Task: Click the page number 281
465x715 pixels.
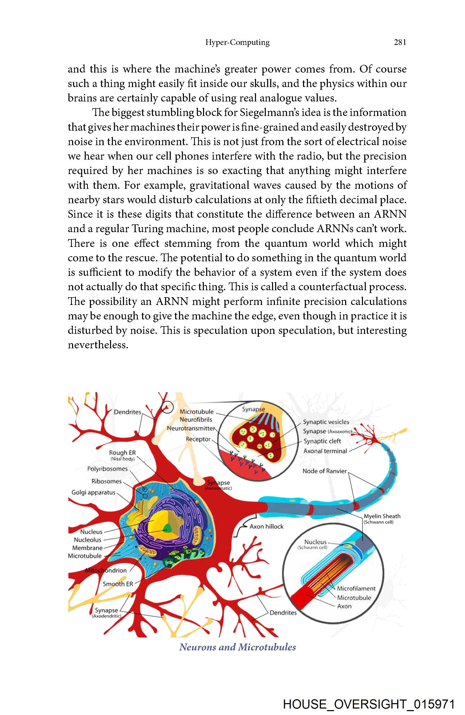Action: (400, 42)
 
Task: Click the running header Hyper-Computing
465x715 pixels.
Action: (237, 42)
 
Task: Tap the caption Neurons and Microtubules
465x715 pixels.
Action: (237, 647)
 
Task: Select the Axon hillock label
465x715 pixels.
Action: (266, 526)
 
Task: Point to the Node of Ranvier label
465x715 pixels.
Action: (324, 471)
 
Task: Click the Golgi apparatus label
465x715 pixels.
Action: (93, 492)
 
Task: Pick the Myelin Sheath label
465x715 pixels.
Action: (382, 516)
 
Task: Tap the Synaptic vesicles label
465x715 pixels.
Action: (326, 422)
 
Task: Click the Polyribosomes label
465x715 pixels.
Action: (107, 469)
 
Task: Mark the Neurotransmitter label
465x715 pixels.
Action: (191, 428)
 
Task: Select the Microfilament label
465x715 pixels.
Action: (356, 588)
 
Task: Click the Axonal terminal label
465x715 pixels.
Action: (325, 451)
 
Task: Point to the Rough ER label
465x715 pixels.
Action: (122, 452)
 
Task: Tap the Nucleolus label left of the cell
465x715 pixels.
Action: (88, 540)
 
